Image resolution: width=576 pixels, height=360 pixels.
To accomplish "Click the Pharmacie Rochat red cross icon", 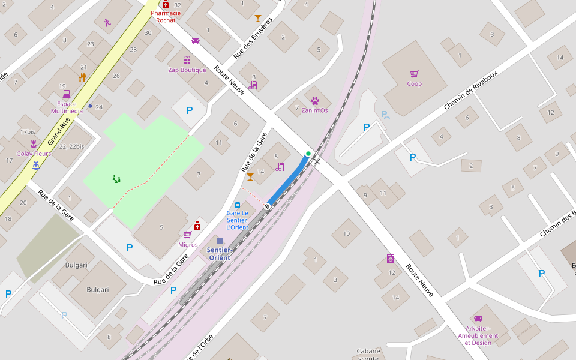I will [x=166, y=5].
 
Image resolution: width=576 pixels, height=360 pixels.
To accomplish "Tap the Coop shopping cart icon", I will [x=414, y=74].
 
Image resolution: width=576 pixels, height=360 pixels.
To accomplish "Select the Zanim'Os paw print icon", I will [x=315, y=101].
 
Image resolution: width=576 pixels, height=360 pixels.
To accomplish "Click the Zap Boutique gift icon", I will [x=187, y=61].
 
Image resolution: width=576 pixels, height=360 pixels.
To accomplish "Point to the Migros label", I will [x=188, y=245].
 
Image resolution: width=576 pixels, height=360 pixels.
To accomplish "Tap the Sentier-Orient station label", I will [x=219, y=254].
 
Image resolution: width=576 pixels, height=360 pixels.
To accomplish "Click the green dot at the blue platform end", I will [x=308, y=154].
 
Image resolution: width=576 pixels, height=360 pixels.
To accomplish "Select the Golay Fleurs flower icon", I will [x=34, y=144].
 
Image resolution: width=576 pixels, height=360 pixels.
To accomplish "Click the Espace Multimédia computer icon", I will [x=67, y=94].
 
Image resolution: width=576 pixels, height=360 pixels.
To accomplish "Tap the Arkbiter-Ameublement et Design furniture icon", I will [x=478, y=319].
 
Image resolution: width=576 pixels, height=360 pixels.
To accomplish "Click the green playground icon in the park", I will [x=116, y=179].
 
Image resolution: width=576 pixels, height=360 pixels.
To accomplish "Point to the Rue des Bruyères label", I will [x=253, y=38].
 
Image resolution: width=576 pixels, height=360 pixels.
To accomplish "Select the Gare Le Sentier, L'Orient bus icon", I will [x=238, y=205].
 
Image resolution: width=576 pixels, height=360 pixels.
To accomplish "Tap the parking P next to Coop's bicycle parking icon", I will [x=367, y=127].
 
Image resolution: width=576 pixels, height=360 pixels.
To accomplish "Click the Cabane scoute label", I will [x=368, y=355].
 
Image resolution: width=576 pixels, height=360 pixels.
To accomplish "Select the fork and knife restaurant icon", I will [x=82, y=77].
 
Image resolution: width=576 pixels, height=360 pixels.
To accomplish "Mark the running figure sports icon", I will [x=107, y=23].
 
